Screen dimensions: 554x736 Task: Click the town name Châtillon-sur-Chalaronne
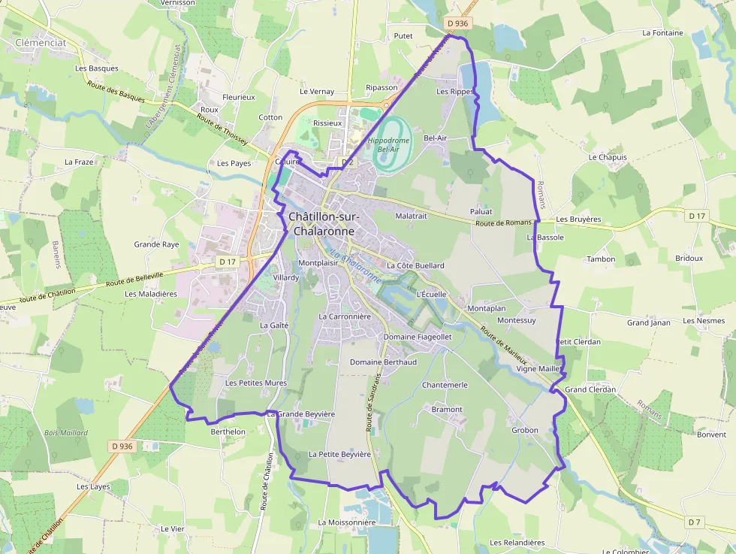pos(324,224)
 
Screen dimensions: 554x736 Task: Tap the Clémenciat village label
pos(41,43)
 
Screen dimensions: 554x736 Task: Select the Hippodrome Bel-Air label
pos(388,145)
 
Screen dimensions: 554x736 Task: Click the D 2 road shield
pos(347,162)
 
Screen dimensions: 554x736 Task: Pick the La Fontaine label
pos(662,33)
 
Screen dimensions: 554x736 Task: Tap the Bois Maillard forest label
pos(66,433)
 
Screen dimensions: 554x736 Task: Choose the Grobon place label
pos(525,431)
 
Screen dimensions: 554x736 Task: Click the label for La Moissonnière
pos(346,522)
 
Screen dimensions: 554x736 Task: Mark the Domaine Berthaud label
pos(383,362)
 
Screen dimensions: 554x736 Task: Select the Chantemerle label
pos(445,385)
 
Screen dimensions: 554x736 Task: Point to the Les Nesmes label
pos(704,320)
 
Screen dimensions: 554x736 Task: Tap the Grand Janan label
pos(648,322)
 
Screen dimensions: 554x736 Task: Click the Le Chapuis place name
pos(608,158)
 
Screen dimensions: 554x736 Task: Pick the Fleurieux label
pos(239,97)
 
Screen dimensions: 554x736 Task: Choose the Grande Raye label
pos(156,244)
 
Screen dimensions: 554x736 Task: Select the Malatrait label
pos(411,215)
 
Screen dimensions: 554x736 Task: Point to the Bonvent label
pos(711,434)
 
